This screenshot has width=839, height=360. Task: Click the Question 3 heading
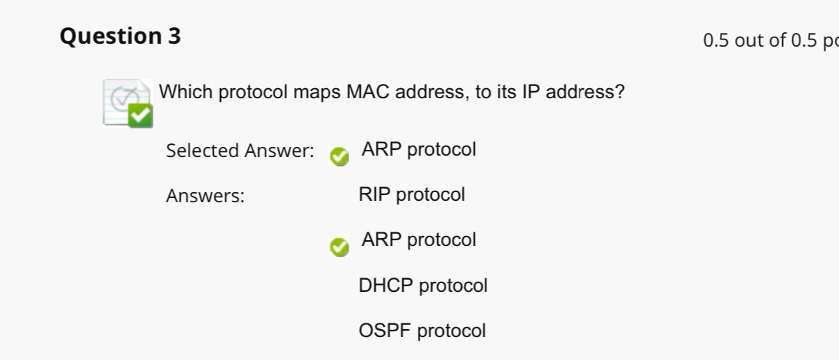pyautogui.click(x=120, y=36)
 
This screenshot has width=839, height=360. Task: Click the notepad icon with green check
pyautogui.click(x=128, y=103)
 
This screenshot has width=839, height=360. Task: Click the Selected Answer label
pyautogui.click(x=240, y=151)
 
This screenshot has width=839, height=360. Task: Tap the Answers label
pyautogui.click(x=205, y=196)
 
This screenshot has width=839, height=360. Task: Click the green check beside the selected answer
pyautogui.click(x=339, y=156)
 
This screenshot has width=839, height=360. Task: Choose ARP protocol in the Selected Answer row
pyautogui.click(x=419, y=150)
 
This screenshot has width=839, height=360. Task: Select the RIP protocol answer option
pyautogui.click(x=412, y=194)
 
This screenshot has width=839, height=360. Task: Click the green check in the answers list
pyautogui.click(x=339, y=247)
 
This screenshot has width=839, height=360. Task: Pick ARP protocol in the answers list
pyautogui.click(x=419, y=240)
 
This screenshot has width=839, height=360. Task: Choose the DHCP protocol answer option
pyautogui.click(x=423, y=285)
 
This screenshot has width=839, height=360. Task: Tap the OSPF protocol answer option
pyautogui.click(x=422, y=331)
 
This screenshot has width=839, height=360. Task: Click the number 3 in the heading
pyautogui.click(x=175, y=36)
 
